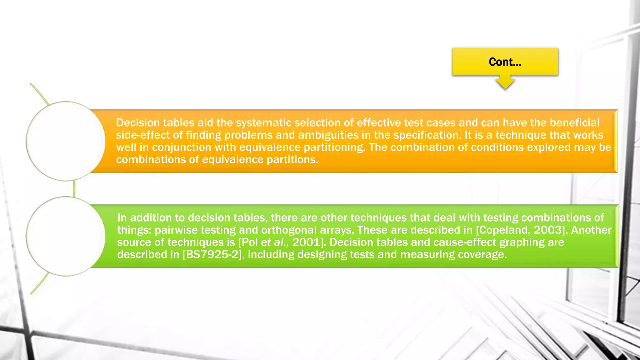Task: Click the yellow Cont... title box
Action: (x=505, y=62)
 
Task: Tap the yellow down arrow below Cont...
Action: (x=505, y=82)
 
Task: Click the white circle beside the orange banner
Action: (x=66, y=141)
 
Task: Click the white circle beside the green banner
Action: (x=66, y=236)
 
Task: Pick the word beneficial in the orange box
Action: (x=575, y=123)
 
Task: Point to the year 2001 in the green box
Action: (x=306, y=242)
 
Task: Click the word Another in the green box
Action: (x=591, y=230)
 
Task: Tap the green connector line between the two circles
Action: (x=74, y=188)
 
